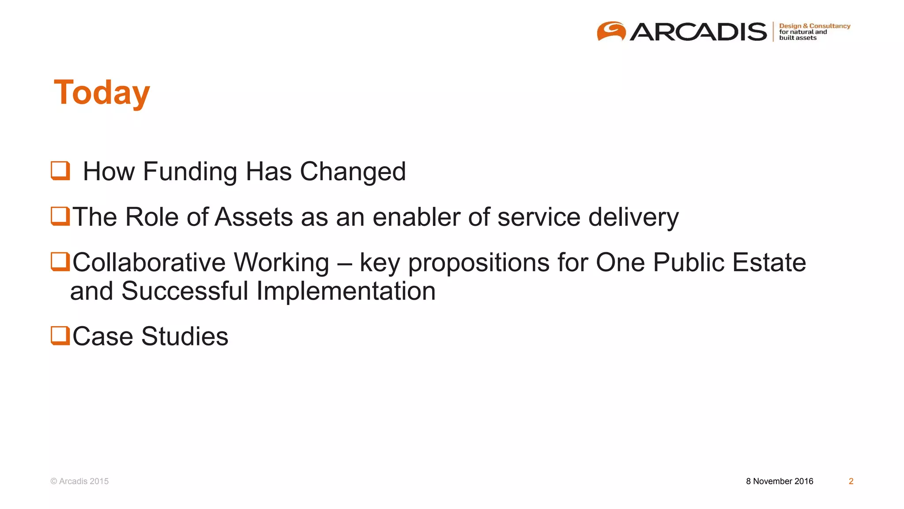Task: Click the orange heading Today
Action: tap(102, 93)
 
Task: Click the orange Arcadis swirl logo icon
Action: tap(611, 31)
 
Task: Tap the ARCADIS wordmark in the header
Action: tap(698, 32)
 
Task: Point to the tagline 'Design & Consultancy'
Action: tap(814, 26)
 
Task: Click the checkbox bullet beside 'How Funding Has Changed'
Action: tap(60, 171)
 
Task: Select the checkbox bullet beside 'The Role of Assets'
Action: tap(60, 217)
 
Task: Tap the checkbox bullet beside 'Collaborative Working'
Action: tap(60, 262)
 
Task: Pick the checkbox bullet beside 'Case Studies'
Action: tap(60, 335)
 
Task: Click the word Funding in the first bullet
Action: tap(190, 171)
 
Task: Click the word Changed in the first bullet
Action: tap(353, 171)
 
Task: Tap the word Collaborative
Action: tap(149, 262)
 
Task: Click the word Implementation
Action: tap(346, 291)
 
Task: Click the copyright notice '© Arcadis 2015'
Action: tap(79, 481)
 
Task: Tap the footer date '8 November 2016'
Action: tap(780, 481)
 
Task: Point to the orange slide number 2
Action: tap(851, 481)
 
